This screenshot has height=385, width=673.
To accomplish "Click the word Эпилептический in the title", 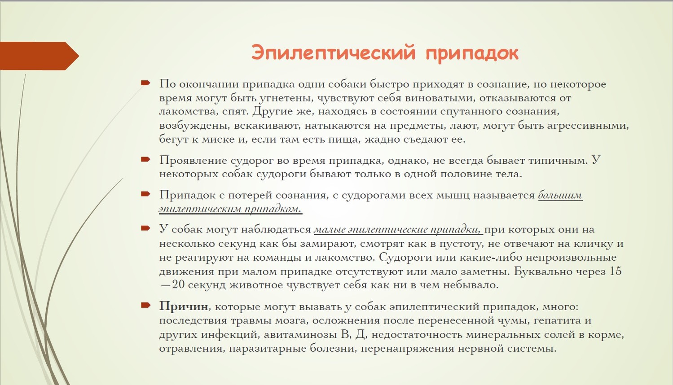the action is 333,52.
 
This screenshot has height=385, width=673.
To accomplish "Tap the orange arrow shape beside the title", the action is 39,56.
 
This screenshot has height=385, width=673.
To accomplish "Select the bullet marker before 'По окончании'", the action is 145,83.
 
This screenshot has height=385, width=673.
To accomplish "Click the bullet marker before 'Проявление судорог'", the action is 145,159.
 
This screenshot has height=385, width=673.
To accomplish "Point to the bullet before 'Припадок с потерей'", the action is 145,194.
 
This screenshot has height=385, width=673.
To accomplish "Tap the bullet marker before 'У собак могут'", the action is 145,228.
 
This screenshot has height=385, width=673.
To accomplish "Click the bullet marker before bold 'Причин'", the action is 145,306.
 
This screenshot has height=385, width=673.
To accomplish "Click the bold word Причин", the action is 184,306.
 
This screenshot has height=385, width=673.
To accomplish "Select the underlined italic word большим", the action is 560,195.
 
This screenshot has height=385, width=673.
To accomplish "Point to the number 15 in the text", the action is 615,271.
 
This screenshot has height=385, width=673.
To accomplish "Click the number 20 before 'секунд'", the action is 178,284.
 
